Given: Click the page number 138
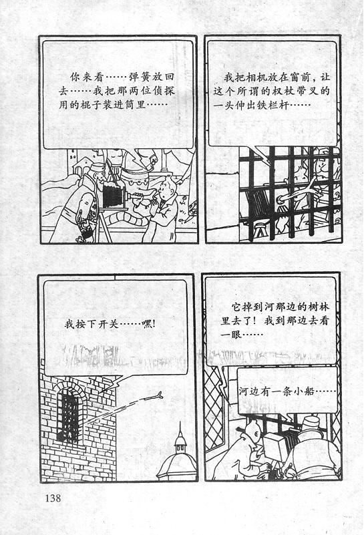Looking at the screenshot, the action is pos(53,498).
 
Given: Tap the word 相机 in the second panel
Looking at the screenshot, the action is pos(250,77).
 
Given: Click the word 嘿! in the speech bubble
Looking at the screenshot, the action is pos(149,324).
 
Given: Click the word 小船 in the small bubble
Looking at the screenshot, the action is pos(305,391).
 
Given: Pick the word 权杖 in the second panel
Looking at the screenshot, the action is pos(296,92).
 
